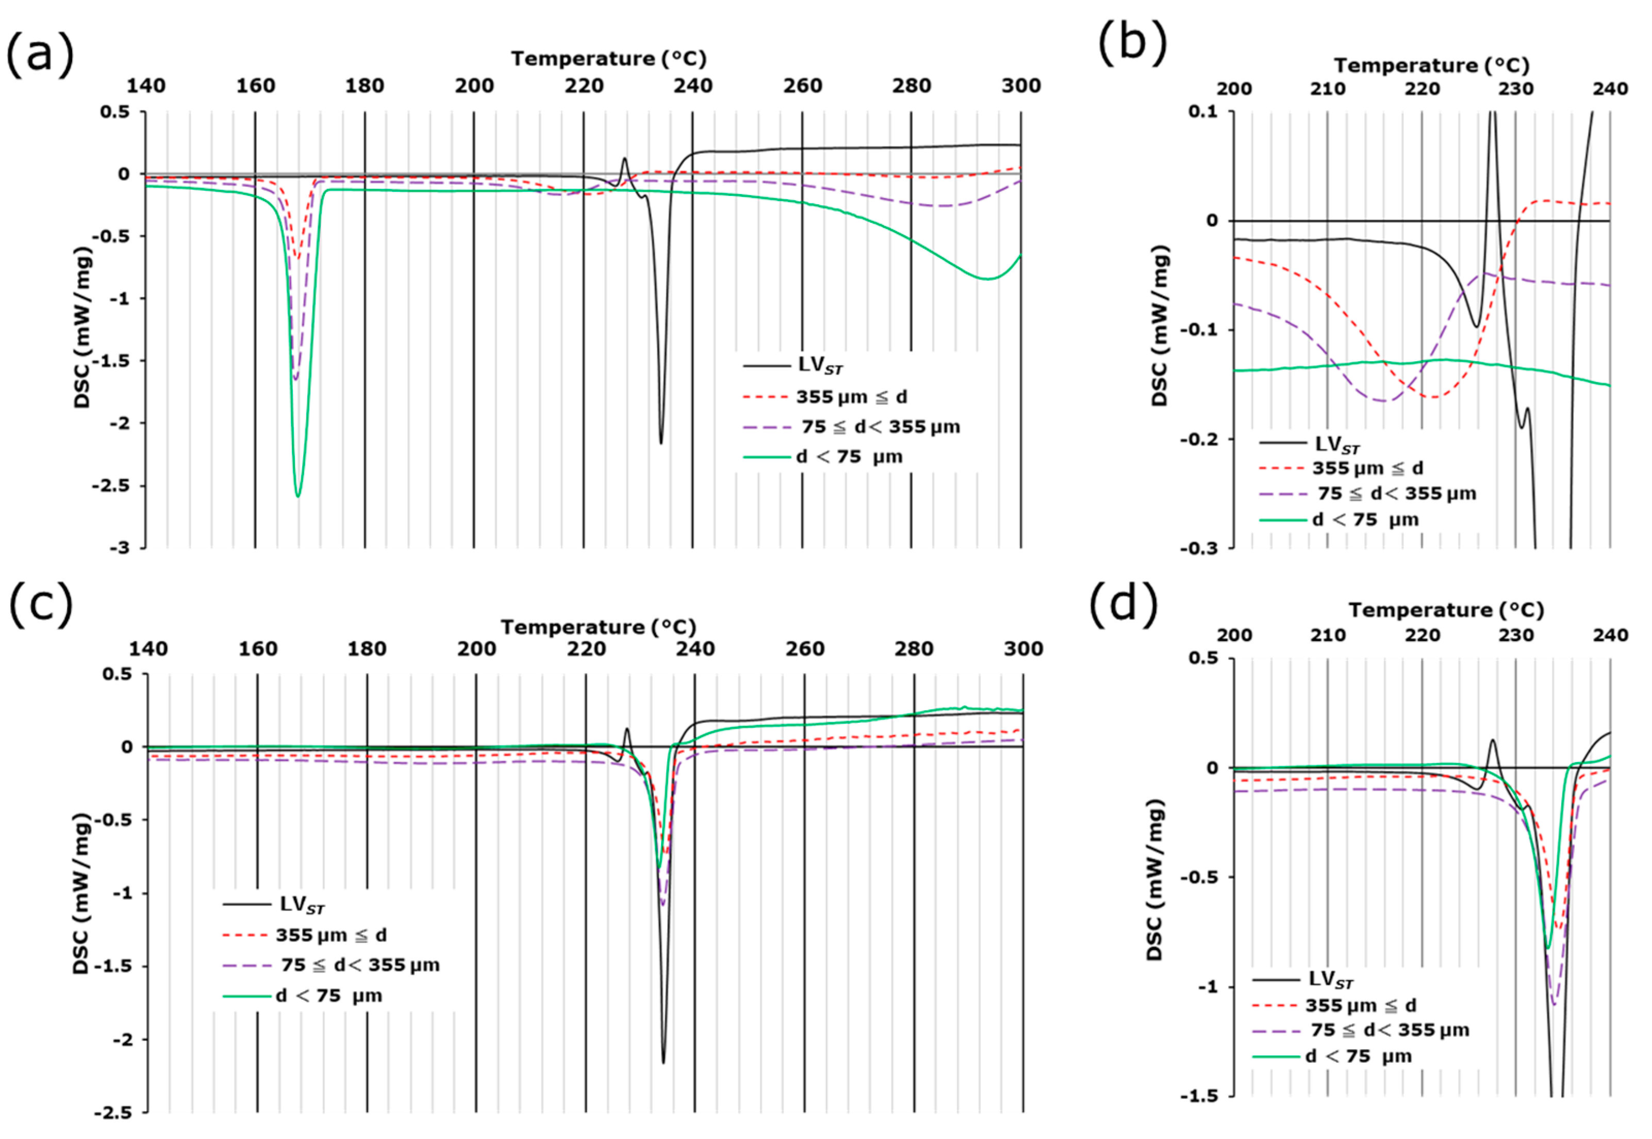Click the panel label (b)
tap(1133, 43)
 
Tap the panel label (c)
tap(41, 605)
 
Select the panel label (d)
tap(1124, 605)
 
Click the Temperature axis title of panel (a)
tap(608, 58)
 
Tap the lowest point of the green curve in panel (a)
tap(298, 495)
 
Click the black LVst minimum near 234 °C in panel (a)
tap(661, 443)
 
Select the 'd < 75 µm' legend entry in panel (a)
tap(849, 457)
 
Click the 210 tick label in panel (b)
tap(1328, 89)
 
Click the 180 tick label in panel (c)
tap(367, 649)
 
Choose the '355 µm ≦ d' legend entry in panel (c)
tap(331, 935)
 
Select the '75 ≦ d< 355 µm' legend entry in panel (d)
tap(1390, 1031)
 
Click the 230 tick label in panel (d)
tap(1516, 635)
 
